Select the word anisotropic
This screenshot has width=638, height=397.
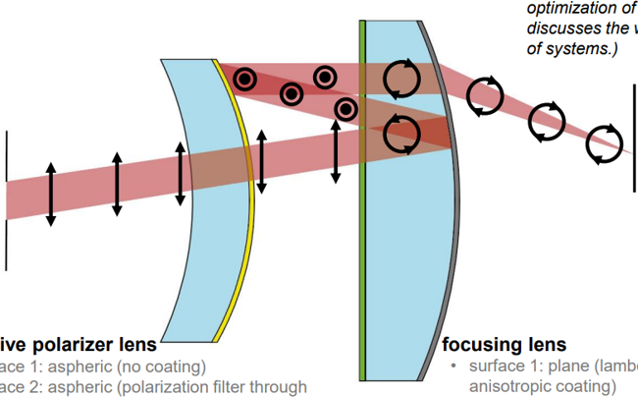tap(506, 386)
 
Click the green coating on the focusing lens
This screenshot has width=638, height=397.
tap(362, 246)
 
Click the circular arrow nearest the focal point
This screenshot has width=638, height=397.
tap(604, 144)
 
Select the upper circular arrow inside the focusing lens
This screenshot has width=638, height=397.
tap(400, 79)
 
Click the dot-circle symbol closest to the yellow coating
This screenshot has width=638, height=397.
tap(244, 78)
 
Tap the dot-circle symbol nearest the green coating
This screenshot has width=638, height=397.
tap(345, 107)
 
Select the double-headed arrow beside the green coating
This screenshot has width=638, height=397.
tap(336, 152)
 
